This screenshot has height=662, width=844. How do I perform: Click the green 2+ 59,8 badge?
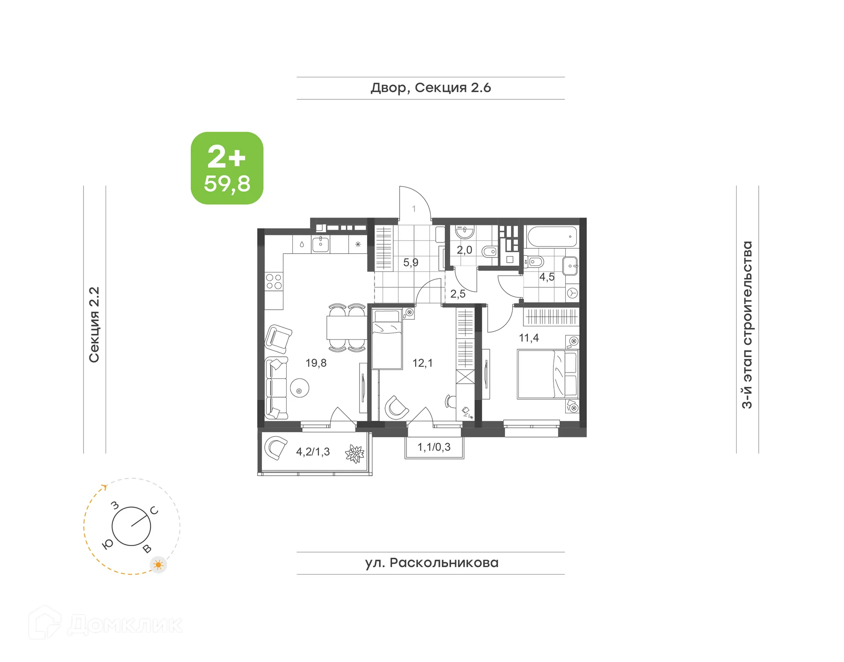point(227,168)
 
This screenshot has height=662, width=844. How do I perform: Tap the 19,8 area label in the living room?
point(316,363)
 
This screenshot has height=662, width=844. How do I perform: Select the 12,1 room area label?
point(422,363)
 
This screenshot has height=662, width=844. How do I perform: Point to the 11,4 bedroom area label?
point(528,338)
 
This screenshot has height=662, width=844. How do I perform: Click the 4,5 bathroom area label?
point(546,277)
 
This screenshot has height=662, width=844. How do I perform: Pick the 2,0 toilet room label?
point(464,250)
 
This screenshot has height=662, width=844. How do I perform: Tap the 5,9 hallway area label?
point(411,263)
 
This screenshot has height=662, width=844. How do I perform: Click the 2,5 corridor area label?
point(458,294)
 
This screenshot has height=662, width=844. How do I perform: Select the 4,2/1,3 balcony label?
point(313,452)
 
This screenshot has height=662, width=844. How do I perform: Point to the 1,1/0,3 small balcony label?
point(433,447)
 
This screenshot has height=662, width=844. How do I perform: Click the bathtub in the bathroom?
point(552,237)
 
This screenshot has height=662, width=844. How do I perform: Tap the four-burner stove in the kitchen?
point(274,282)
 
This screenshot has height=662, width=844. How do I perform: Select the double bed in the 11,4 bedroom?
point(547,374)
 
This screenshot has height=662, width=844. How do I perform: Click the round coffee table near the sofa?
point(299,388)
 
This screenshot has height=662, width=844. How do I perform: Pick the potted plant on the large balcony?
point(355,454)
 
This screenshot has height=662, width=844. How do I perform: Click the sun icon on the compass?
point(158,564)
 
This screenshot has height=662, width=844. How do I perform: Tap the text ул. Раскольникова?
point(431,563)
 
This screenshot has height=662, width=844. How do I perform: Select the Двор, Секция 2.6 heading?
point(430,88)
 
